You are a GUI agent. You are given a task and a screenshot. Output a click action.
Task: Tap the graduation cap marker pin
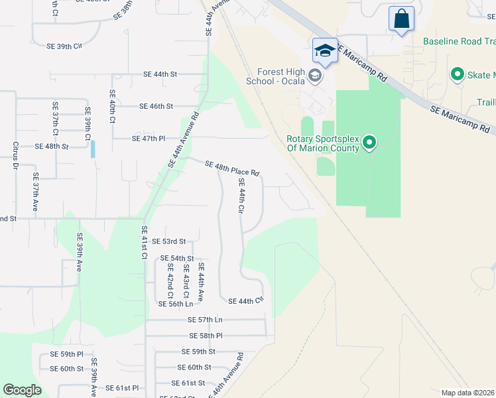tap(325, 51)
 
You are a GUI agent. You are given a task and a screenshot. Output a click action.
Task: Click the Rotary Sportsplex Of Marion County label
tap(322, 143)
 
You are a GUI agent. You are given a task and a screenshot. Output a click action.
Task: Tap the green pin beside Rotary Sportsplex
tap(370, 143)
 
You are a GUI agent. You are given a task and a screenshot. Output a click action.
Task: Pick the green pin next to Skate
tap(457, 74)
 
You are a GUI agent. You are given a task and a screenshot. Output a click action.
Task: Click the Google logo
tap(22, 390)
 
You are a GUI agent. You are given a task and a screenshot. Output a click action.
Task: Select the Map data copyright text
tap(467, 393)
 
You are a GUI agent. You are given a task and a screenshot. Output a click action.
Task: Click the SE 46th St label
tap(156, 106)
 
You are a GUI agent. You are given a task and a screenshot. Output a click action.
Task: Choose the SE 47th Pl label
tap(149, 139)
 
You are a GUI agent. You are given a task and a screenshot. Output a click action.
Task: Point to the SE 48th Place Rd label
tap(232, 168)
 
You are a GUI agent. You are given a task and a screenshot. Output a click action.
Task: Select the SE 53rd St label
tap(168, 241)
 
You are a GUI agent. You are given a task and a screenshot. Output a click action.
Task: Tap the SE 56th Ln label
tap(176, 303)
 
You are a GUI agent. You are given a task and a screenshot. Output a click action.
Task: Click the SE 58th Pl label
tap(206, 336)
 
